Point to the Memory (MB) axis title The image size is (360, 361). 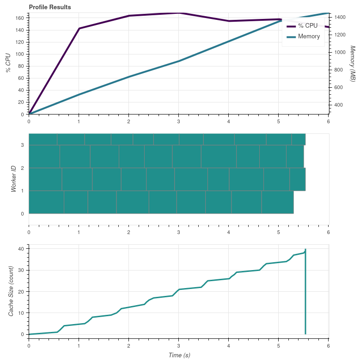click(x=353, y=64)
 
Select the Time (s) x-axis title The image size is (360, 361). click(x=178, y=355)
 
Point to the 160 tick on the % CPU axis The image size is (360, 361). click(x=20, y=18)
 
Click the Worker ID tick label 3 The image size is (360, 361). click(x=22, y=145)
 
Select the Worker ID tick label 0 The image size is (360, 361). click(x=22, y=214)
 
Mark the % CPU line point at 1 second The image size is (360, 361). click(x=79, y=29)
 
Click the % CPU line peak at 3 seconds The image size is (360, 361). click(x=179, y=13)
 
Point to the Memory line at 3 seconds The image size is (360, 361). click(x=179, y=61)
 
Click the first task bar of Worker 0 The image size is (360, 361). click(x=46, y=202)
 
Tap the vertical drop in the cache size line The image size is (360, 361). click(x=305, y=295)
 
